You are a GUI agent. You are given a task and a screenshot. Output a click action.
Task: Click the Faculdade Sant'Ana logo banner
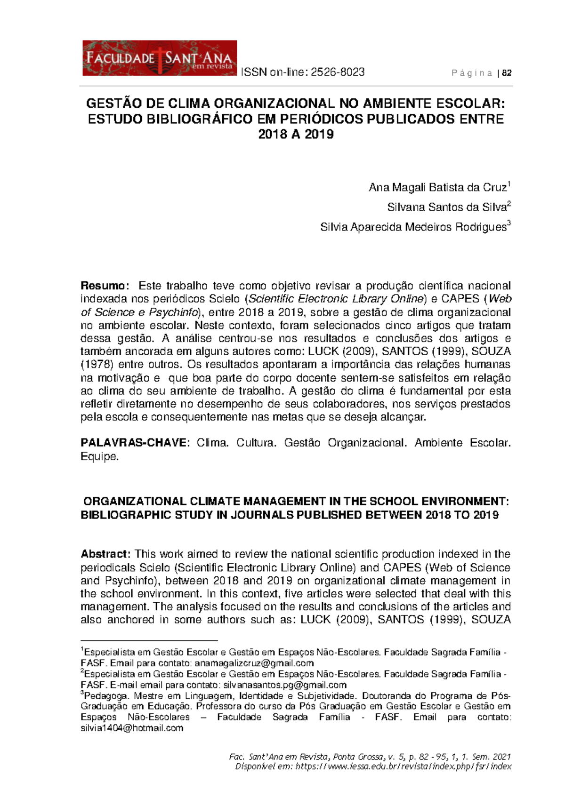tap(160, 58)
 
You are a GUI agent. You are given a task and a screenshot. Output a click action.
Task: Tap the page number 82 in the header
tap(507, 73)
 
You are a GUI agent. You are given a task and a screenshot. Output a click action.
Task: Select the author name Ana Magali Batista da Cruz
tap(437, 188)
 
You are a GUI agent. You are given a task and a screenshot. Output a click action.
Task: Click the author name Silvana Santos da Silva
tap(446, 207)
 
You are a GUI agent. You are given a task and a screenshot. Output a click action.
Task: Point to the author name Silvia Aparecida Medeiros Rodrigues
tap(413, 227)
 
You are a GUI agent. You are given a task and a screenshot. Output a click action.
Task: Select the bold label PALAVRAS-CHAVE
tap(133, 443)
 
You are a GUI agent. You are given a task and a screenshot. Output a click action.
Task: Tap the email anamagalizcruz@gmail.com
tap(254, 663)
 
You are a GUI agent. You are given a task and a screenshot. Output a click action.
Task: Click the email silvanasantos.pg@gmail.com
tap(285, 685)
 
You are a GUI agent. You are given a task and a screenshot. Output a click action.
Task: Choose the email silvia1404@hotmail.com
tap(132, 728)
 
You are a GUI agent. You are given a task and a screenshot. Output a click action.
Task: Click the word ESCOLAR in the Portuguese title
tap(469, 104)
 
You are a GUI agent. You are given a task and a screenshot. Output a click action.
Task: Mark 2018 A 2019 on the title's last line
tap(296, 134)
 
